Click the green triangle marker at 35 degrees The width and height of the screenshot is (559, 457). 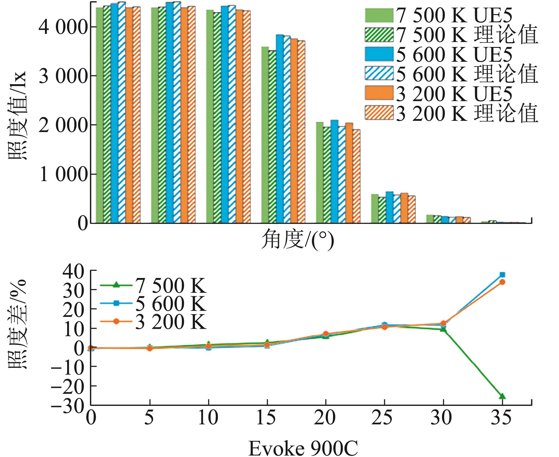502,396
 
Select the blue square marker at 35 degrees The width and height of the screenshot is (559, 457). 502,275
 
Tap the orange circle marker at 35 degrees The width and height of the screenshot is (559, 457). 502,282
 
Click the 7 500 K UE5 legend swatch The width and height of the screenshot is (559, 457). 379,15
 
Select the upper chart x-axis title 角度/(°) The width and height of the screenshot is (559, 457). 297,240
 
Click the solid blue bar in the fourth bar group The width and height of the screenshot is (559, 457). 279,129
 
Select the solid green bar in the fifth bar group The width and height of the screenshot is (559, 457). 319,173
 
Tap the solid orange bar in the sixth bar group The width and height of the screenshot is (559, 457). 404,208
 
